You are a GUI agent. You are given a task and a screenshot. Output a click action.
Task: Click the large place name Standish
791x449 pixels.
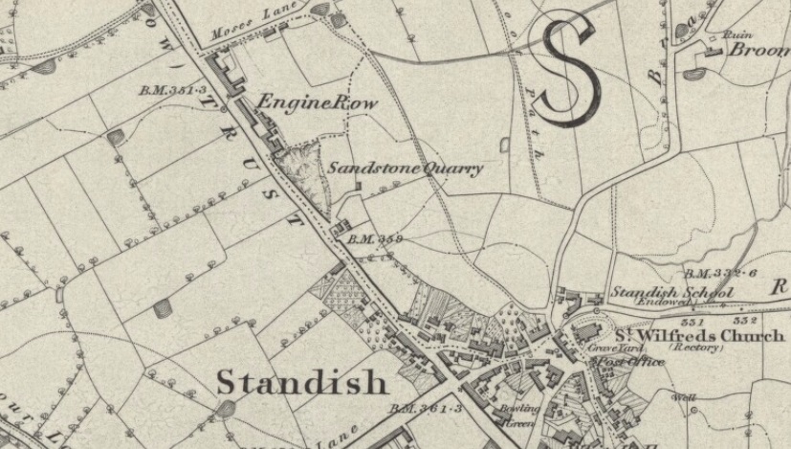click(302, 383)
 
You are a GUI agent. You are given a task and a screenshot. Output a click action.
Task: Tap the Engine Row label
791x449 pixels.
click(317, 102)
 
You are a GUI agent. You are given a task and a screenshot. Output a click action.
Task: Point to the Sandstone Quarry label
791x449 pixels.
click(406, 168)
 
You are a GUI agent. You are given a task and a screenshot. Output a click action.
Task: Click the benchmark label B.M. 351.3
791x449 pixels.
click(173, 90)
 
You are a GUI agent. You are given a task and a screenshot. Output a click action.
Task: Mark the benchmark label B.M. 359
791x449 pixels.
click(374, 238)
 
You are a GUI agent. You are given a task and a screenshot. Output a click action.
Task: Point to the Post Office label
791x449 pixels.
click(617, 363)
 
